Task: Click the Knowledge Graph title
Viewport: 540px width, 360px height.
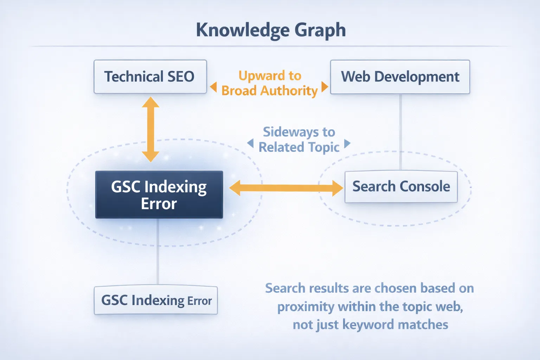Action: [x=271, y=30]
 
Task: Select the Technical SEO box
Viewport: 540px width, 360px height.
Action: [x=150, y=77]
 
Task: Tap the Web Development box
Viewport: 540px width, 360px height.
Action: [x=400, y=77]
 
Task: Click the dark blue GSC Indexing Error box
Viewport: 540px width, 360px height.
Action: [x=159, y=195]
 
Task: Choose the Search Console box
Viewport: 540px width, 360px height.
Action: [x=401, y=187]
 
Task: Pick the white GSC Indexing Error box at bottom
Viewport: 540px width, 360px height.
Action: [x=156, y=301]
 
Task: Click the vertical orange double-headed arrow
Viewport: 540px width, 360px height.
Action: [x=150, y=129]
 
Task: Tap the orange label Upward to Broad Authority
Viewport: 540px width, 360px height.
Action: [x=270, y=83]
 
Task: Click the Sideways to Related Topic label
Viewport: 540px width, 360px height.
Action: [x=299, y=140]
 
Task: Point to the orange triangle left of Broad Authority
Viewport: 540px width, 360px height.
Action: [x=213, y=87]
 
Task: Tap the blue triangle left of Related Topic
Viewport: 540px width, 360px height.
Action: [x=250, y=143]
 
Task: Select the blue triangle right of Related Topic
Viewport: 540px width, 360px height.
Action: [x=347, y=143]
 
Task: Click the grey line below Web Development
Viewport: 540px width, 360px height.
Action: [x=400, y=132]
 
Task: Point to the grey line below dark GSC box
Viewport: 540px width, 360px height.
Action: [x=158, y=251]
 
